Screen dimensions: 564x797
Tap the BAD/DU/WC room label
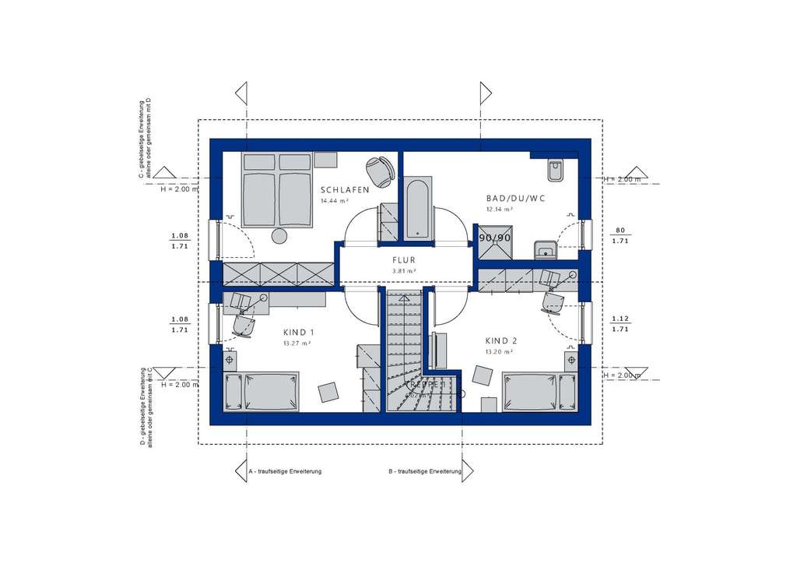click(514, 199)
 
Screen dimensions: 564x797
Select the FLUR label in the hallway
click(404, 261)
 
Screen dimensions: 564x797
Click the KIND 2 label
click(501, 340)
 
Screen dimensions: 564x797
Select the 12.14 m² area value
click(499, 210)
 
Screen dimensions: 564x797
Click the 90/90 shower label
click(494, 238)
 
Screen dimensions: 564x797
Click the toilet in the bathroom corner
click(555, 169)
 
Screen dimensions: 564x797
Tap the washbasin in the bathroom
click(545, 249)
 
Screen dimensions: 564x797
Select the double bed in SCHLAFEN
click(276, 191)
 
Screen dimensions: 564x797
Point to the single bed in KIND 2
click(539, 391)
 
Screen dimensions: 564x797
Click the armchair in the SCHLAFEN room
click(379, 170)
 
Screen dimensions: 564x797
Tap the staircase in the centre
click(404, 351)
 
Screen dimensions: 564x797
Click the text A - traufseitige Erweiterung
click(284, 472)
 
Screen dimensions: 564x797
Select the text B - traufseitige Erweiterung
click(425, 472)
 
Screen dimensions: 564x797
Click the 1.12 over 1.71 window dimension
click(620, 323)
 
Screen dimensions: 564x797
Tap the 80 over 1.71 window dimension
click(620, 235)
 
